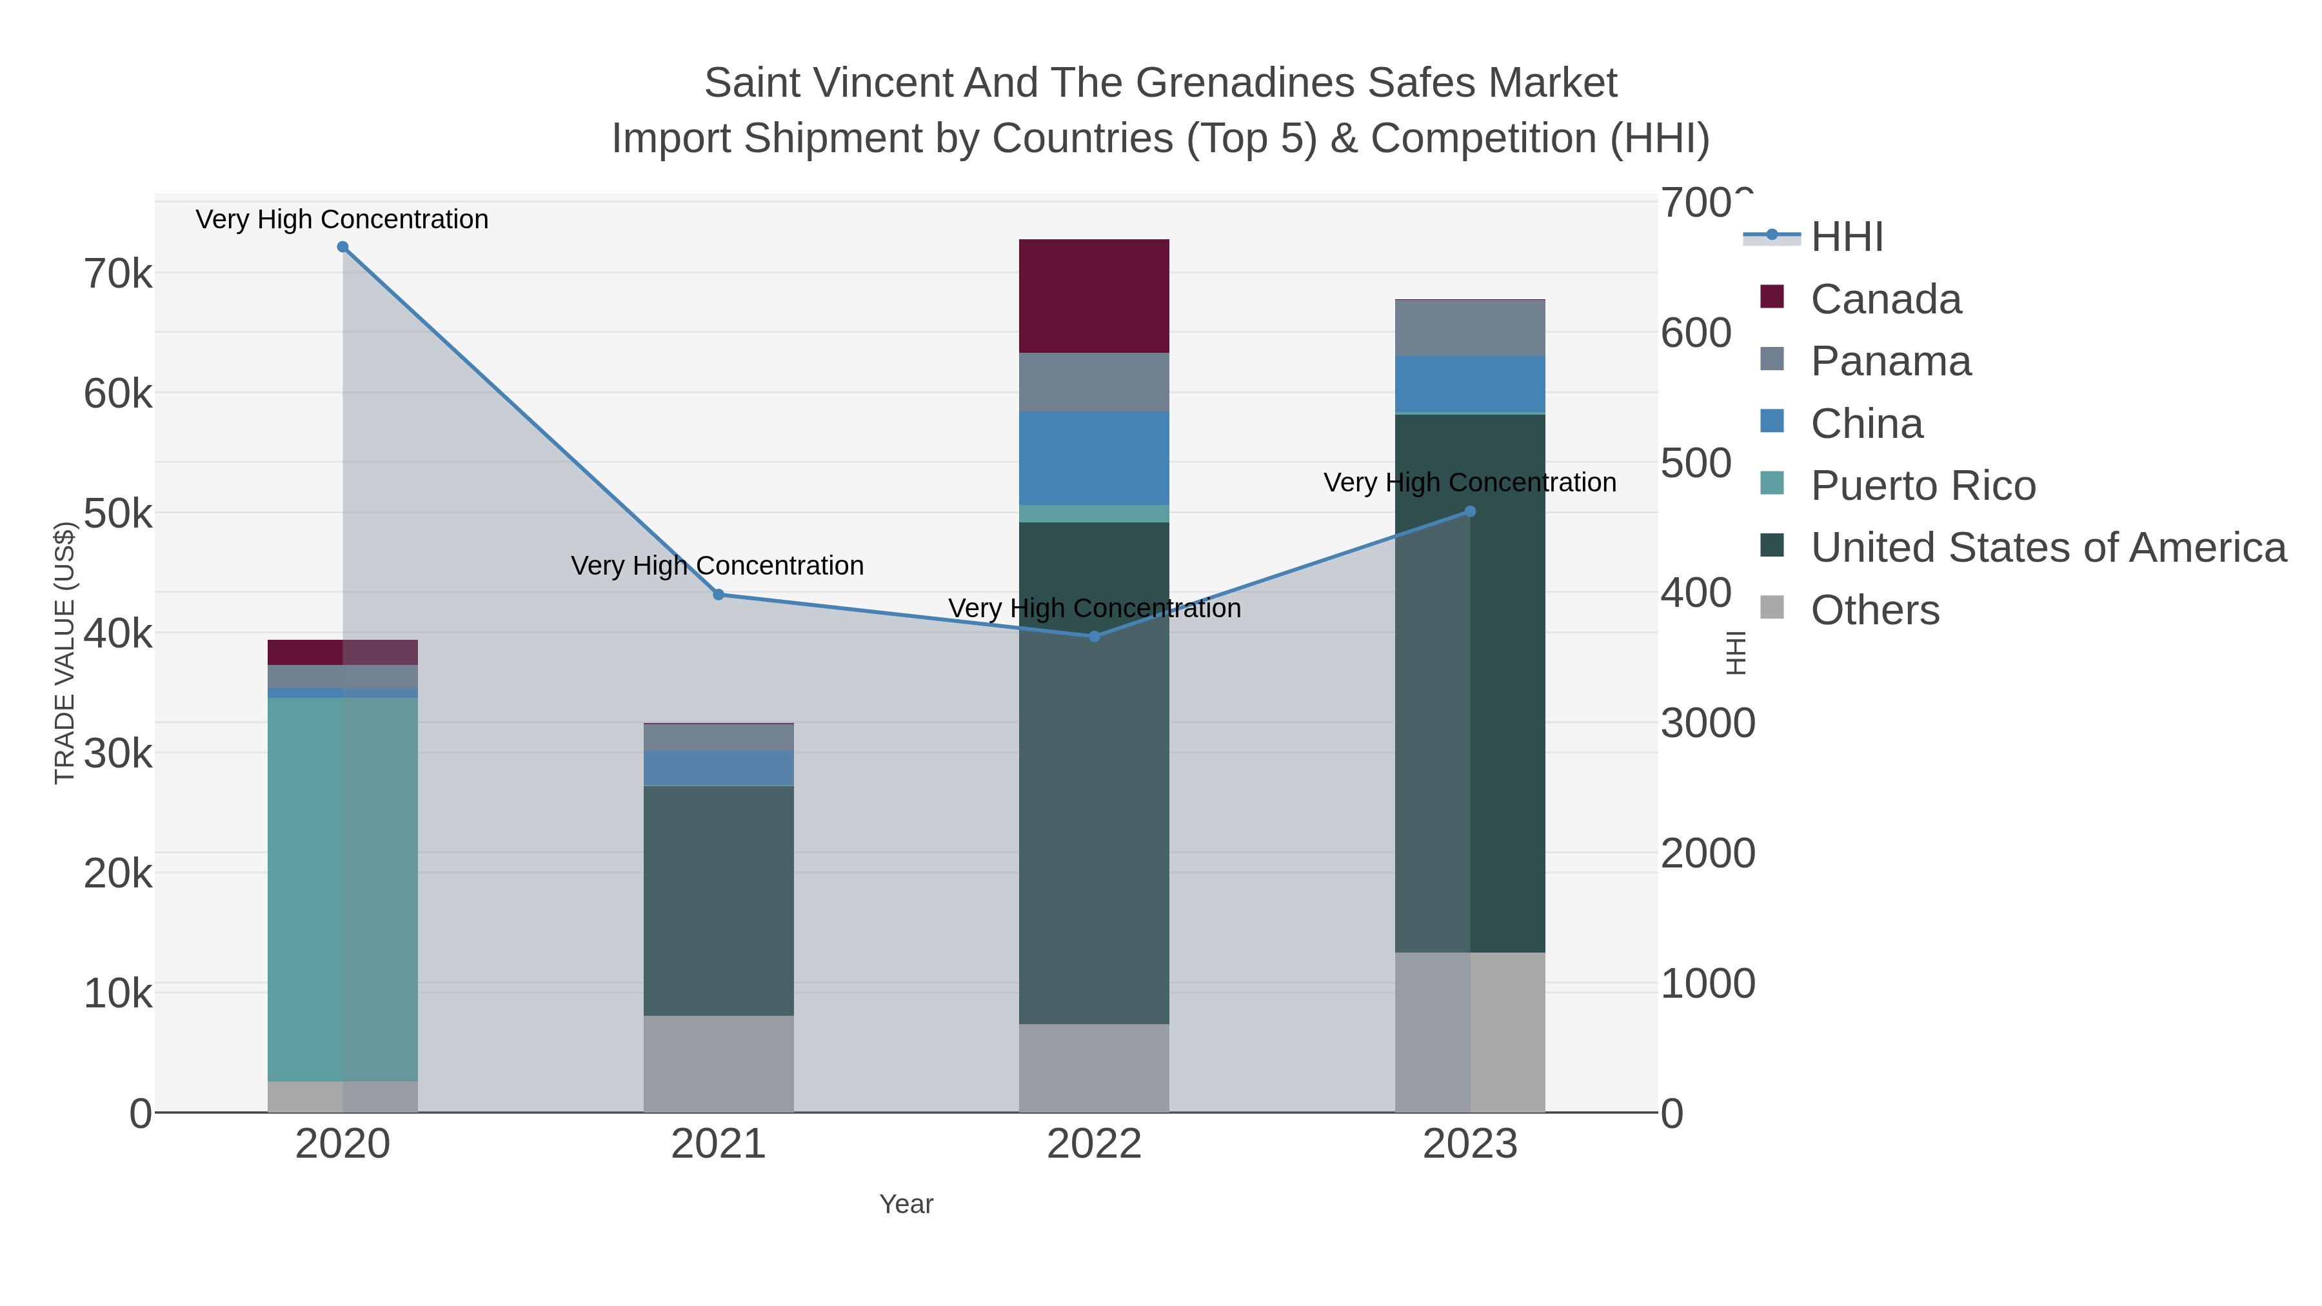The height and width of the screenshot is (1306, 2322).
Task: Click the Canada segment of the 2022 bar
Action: point(1093,295)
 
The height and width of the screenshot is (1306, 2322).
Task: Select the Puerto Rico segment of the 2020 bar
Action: point(342,888)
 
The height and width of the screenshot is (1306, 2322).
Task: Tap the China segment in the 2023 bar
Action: point(1469,384)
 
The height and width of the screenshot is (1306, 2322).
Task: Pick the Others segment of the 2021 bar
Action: point(719,1064)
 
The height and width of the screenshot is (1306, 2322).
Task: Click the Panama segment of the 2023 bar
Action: point(1469,328)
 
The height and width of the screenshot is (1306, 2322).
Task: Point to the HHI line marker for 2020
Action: point(342,247)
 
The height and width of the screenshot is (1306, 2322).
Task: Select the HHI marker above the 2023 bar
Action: point(1470,511)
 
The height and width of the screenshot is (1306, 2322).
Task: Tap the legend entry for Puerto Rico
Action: point(1923,486)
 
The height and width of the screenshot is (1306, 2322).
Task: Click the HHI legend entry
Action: point(1846,237)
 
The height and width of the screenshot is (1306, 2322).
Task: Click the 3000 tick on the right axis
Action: point(1707,724)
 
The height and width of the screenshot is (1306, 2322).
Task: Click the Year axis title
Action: point(906,1204)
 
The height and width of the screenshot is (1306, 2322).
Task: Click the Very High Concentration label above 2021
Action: point(717,566)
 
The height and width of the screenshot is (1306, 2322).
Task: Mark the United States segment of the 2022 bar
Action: point(1093,773)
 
